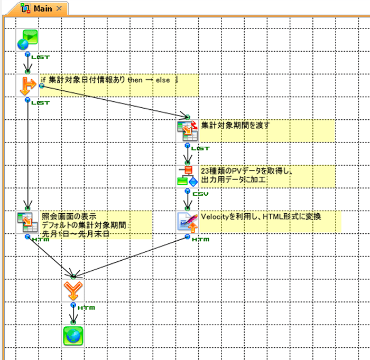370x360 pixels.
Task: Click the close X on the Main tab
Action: click(59, 8)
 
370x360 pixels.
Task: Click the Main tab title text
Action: click(43, 8)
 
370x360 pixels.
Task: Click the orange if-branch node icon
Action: click(27, 86)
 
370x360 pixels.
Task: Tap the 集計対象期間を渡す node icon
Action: click(187, 130)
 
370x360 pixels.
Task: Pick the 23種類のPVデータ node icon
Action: click(187, 176)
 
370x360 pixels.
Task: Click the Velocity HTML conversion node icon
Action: click(187, 222)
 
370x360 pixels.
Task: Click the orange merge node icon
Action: click(73, 289)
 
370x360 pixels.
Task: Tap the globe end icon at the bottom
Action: click(73, 335)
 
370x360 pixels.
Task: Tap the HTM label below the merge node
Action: click(86, 307)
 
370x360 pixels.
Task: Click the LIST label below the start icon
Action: click(40, 56)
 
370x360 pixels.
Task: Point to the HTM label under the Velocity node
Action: click(200, 240)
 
